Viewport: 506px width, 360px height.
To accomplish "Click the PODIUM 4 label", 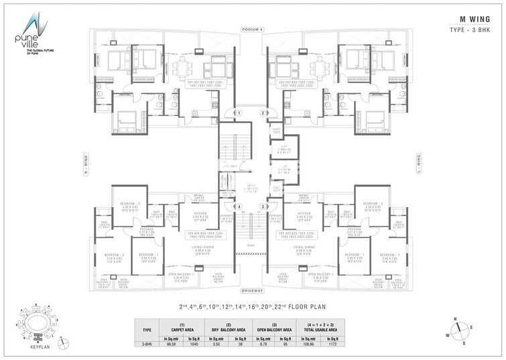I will tap(253, 29).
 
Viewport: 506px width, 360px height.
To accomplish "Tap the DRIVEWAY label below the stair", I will tap(253, 290).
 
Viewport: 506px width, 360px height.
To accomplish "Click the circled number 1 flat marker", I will tap(239, 113).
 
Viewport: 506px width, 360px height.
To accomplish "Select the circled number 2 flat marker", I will tap(264, 113).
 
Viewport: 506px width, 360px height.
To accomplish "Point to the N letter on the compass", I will tap(456, 318).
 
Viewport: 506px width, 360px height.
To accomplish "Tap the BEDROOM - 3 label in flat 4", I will tap(129, 202).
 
